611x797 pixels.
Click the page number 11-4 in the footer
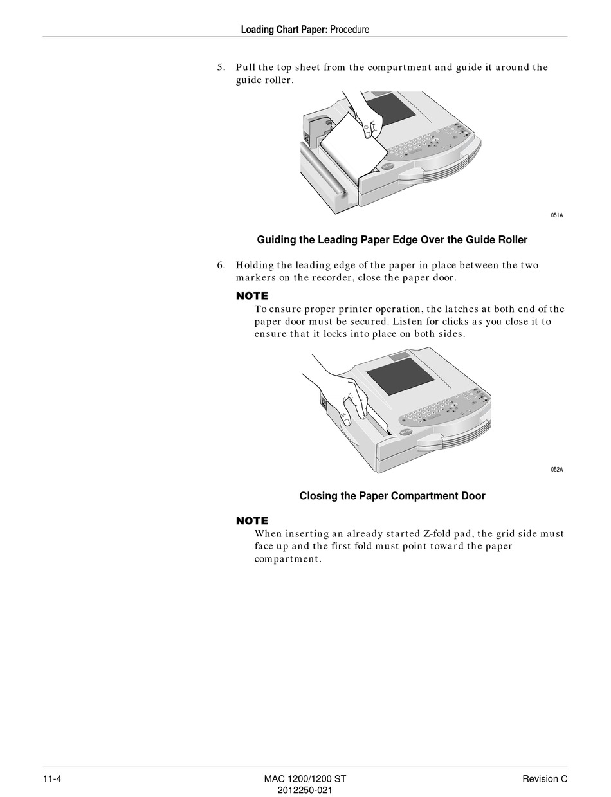52,779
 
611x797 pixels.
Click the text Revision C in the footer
545,779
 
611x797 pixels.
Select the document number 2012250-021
305,791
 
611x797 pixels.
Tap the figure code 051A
556,215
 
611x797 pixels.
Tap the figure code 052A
556,470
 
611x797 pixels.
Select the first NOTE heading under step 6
252,296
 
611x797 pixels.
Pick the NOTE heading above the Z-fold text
252,521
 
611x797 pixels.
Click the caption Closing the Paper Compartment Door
392,496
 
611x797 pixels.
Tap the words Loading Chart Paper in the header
284,29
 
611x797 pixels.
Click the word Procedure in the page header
350,29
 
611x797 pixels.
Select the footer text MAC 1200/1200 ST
305,779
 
